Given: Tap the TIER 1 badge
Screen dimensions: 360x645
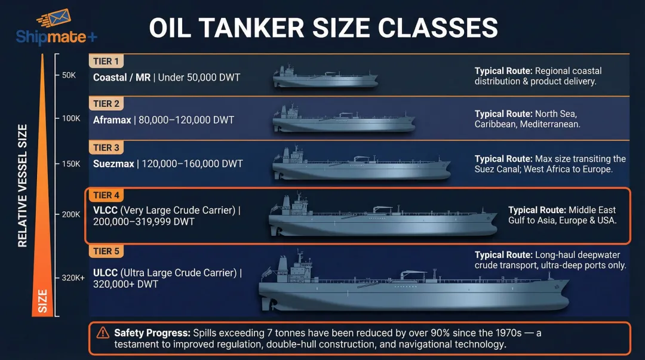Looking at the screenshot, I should click(x=106, y=60).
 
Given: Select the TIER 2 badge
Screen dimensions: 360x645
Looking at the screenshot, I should click(x=106, y=104).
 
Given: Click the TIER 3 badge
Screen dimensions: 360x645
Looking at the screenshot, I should click(x=106, y=147).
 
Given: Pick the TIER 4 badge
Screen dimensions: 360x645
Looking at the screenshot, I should click(x=106, y=195).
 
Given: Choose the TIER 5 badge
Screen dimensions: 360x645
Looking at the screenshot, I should click(x=106, y=251).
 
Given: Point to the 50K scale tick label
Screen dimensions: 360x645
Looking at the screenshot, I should click(x=69, y=75).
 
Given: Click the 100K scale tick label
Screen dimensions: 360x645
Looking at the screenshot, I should click(x=70, y=119).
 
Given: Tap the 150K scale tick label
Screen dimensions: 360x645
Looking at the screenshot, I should click(x=70, y=164).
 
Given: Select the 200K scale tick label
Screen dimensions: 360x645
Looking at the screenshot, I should click(x=70, y=214).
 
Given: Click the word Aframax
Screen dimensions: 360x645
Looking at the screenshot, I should click(x=112, y=120).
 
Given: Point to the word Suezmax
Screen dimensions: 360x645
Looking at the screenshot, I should click(x=113, y=164).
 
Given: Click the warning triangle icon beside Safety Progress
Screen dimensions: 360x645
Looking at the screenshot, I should click(x=103, y=333).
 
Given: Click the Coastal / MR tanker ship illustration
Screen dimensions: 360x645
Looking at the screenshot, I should click(x=325, y=78).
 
